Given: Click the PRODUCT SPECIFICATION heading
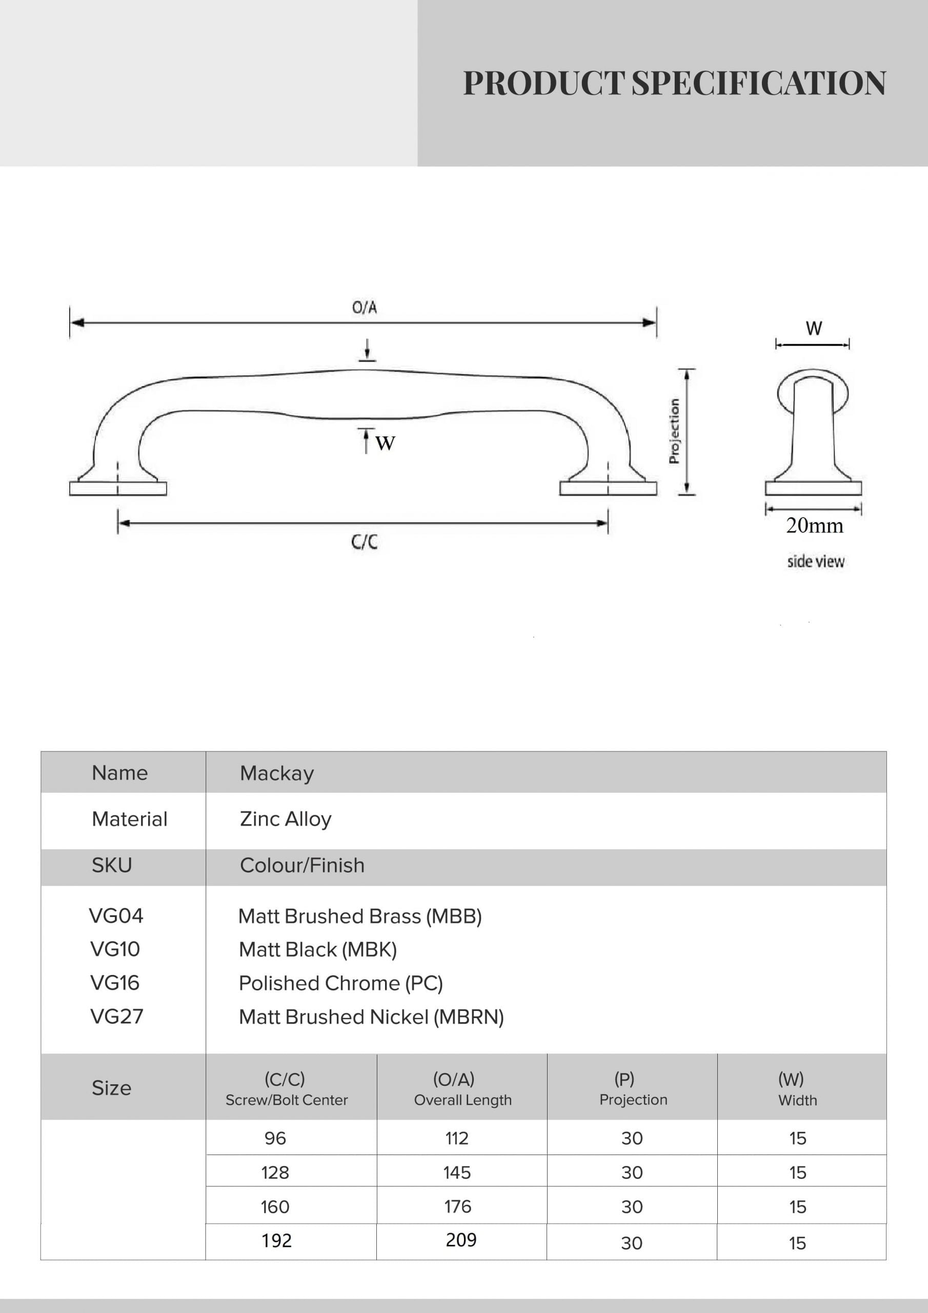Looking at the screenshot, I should coord(674,84).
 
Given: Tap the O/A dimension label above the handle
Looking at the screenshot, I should coord(364,308).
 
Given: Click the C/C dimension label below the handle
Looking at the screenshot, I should coord(364,542).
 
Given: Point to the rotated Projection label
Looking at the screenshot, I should coord(674,431).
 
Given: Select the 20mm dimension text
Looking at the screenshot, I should coord(814,526).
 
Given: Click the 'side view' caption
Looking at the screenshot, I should coord(815,562).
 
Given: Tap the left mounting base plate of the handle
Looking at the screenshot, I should coord(118,488).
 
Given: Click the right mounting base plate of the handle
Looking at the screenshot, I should coord(608,488).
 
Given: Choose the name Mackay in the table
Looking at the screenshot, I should coord(277,773).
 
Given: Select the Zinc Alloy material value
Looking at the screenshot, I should coord(285,819).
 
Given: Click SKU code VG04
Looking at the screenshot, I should coord(116,916).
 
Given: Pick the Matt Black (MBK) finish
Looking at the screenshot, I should coord(317,949).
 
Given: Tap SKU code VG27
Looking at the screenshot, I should coord(117,1016).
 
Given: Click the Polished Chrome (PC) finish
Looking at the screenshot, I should coord(341,983).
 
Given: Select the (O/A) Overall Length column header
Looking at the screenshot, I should coord(462,1089).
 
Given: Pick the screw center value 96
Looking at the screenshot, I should coord(275,1138).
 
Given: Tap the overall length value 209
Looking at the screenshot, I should coord(461,1240).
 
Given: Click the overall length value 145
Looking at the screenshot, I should coord(457,1172).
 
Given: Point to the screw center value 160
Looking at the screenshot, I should coord(275,1207).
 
